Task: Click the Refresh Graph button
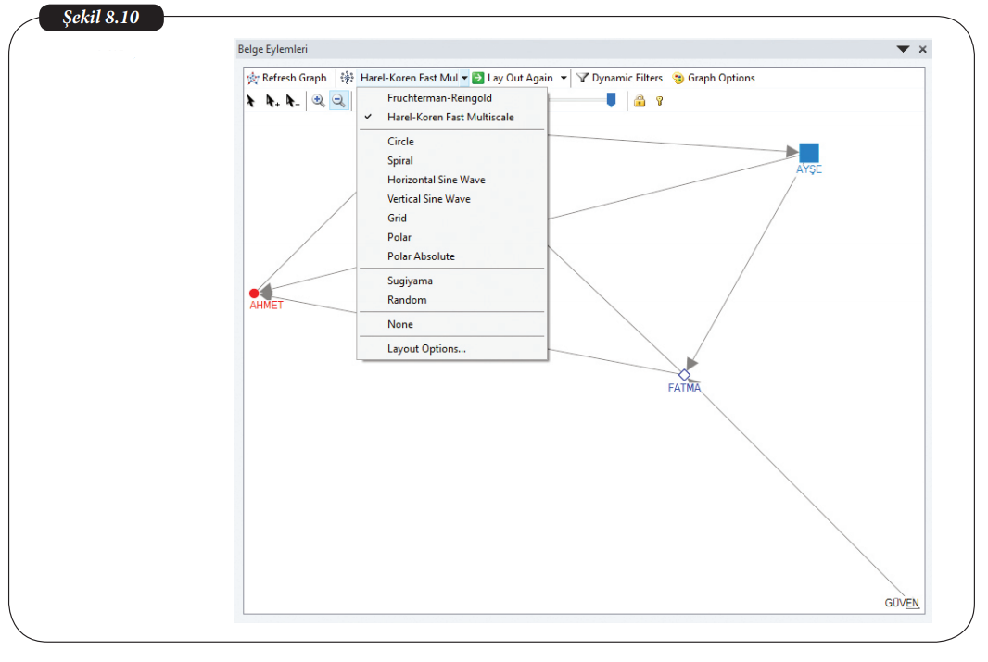[x=286, y=78]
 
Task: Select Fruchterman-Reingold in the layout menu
[x=439, y=98]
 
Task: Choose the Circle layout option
[x=400, y=142]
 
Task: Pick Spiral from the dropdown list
[x=400, y=160]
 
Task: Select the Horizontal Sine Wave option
[x=436, y=180]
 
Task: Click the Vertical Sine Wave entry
[x=428, y=199]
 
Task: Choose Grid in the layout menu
[x=397, y=219]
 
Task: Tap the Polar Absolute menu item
[x=421, y=256]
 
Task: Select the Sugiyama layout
[x=410, y=281]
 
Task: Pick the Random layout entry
[x=407, y=300]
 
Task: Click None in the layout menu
[x=400, y=325]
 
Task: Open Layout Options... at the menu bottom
[x=426, y=349]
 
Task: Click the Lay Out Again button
[x=513, y=78]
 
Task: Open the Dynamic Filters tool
[x=619, y=78]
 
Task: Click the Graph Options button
[x=714, y=78]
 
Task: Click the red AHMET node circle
[x=254, y=294]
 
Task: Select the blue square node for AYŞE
[x=809, y=153]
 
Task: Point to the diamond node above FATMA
[x=684, y=375]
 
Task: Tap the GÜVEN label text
[x=902, y=603]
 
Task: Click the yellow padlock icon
[x=640, y=101]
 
